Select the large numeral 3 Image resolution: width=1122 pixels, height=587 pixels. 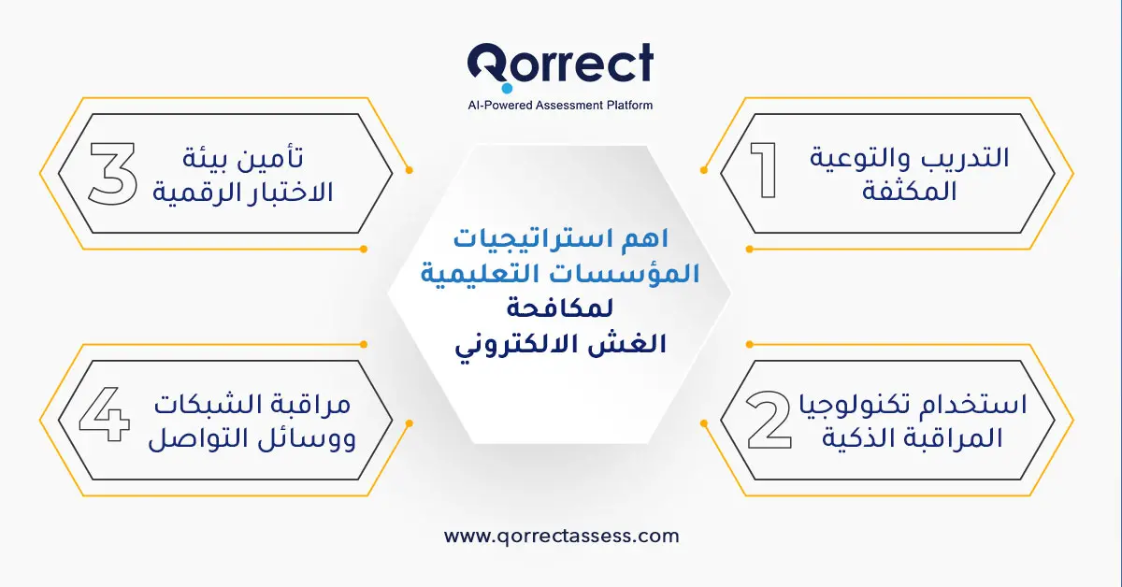[x=112, y=172]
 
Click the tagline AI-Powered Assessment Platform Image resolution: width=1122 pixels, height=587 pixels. [x=560, y=106]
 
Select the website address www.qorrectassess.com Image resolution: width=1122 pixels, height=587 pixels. [x=561, y=537]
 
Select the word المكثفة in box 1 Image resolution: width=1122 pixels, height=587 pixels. [x=913, y=193]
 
